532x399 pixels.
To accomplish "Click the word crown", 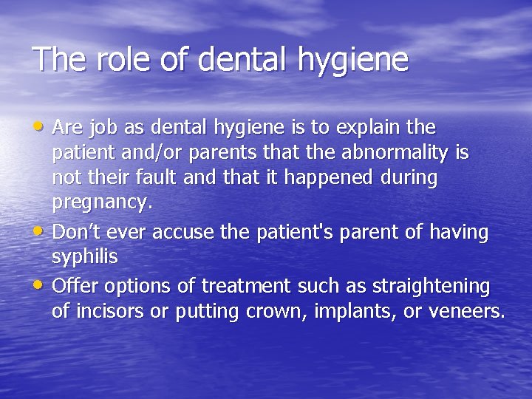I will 260,311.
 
